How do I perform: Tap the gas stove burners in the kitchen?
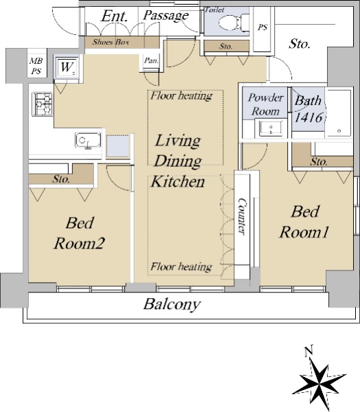(x=43, y=104)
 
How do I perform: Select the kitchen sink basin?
(x=88, y=140)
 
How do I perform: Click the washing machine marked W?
(x=67, y=67)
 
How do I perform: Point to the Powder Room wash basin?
(x=271, y=128)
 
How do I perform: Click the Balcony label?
(x=172, y=304)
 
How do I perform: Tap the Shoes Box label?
(x=111, y=42)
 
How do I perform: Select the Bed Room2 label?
(x=80, y=233)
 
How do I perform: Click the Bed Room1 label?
(x=304, y=222)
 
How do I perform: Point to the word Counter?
(x=242, y=216)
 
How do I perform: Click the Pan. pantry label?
(x=151, y=60)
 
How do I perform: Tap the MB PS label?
(x=36, y=66)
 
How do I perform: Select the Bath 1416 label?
(x=308, y=109)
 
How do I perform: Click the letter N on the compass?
(x=308, y=351)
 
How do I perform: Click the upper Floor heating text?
(x=181, y=95)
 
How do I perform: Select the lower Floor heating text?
(x=181, y=266)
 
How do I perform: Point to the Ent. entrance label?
(x=115, y=16)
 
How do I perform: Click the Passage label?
(x=166, y=15)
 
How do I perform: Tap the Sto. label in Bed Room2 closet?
(x=61, y=179)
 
